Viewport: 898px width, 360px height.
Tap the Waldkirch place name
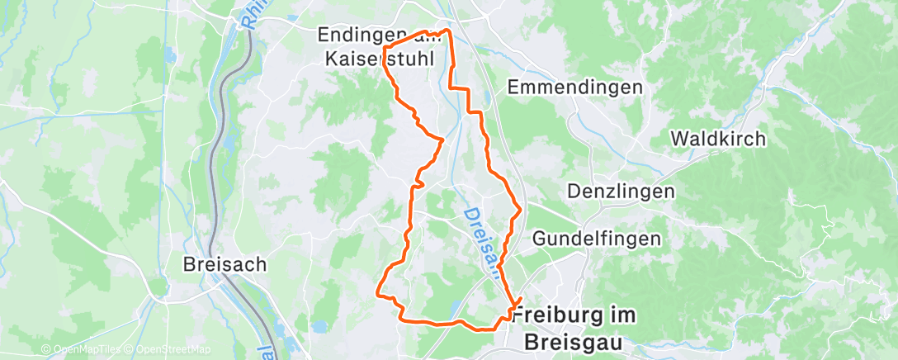tap(718, 139)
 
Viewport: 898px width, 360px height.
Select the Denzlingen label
tap(621, 192)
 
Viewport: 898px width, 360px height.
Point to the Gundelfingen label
tap(597, 239)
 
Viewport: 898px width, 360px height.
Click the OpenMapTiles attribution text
tap(83, 350)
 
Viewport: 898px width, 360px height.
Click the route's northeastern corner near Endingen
tap(448, 31)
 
